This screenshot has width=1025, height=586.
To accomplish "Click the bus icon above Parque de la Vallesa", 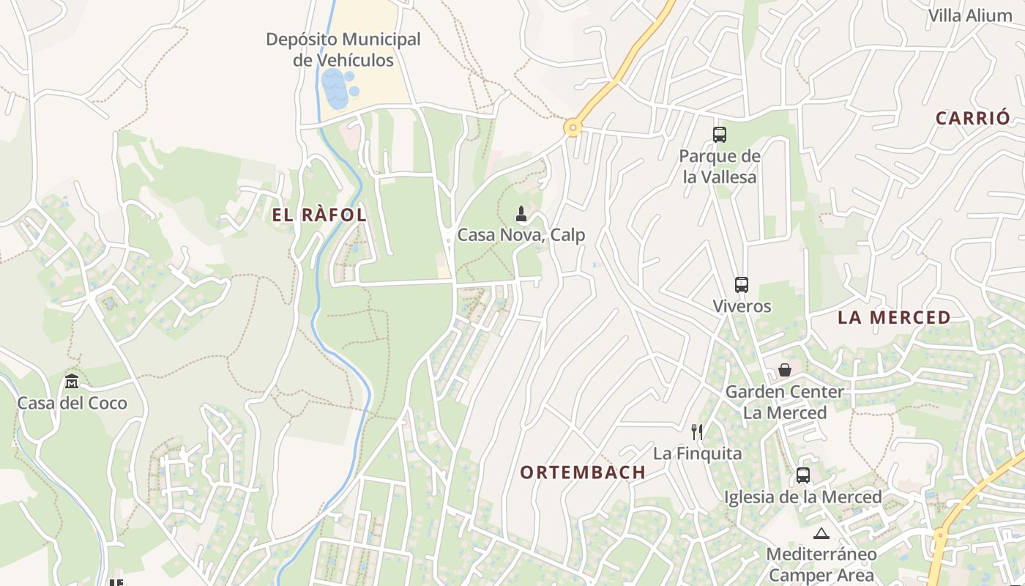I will click(x=720, y=135).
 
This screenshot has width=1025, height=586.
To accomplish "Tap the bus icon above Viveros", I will click(x=742, y=285).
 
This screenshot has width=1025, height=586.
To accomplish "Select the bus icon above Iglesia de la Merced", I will click(x=803, y=475).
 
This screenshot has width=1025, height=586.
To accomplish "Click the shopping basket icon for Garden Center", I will click(x=785, y=370).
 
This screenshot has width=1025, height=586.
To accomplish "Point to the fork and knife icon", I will click(x=697, y=432).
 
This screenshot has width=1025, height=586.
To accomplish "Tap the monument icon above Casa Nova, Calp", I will click(x=521, y=214).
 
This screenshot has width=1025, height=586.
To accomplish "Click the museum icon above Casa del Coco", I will click(x=72, y=382).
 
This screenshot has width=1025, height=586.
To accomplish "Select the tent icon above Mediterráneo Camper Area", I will click(x=821, y=533).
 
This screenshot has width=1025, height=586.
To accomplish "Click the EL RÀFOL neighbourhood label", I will click(x=319, y=215).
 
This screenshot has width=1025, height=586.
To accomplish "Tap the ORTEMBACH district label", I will click(x=583, y=472).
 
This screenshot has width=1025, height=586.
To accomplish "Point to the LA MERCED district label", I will click(x=894, y=318).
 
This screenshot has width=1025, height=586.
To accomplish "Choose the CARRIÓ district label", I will click(x=972, y=118).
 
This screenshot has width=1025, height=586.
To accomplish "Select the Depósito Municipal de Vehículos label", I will click(x=343, y=50).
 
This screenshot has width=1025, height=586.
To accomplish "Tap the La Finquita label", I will click(x=697, y=453).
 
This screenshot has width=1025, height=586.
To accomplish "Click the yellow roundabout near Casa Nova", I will click(x=573, y=128).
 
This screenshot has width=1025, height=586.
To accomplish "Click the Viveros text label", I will click(x=742, y=306).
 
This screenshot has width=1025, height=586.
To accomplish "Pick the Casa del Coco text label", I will click(x=72, y=403).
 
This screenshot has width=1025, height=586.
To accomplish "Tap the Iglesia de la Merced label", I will click(x=802, y=497).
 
